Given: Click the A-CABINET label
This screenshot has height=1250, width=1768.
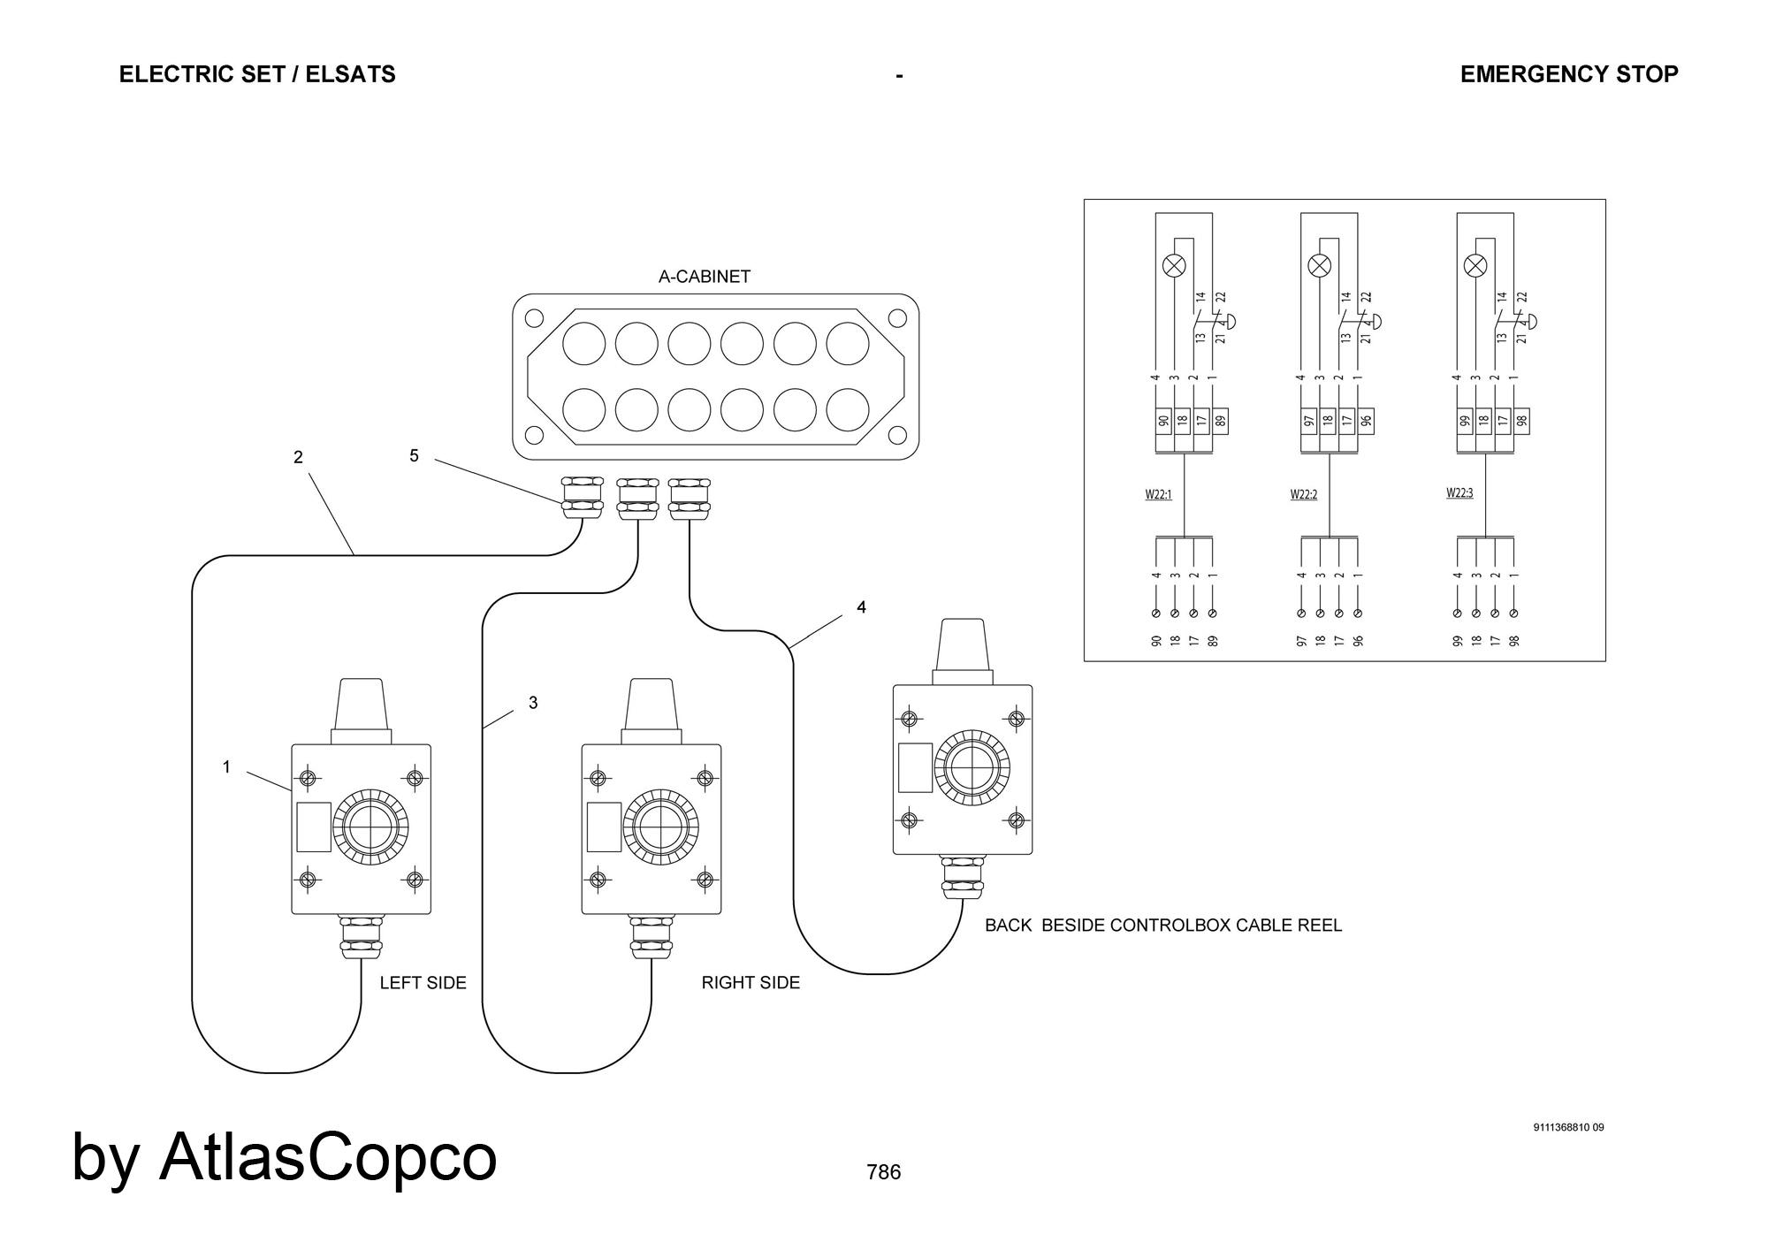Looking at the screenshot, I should [x=704, y=277].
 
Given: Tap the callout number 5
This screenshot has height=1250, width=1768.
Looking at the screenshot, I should [x=414, y=456].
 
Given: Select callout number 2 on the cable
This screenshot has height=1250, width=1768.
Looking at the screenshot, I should [x=298, y=457].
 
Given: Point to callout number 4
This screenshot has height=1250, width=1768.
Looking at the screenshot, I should [x=861, y=607].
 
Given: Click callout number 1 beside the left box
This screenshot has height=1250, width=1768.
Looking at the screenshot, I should [x=226, y=767].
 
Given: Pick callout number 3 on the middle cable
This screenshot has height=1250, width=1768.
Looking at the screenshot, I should [x=533, y=703].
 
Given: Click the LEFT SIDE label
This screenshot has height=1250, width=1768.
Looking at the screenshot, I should [x=423, y=983].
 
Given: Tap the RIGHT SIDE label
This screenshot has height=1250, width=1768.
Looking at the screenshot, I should [x=751, y=983].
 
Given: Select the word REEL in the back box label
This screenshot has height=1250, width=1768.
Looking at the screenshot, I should [x=1319, y=926].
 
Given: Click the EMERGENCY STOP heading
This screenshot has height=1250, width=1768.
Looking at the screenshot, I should [x=1568, y=74].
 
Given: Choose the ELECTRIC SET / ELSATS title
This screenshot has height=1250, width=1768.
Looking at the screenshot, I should [x=257, y=74].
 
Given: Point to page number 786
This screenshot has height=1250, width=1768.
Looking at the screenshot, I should [x=883, y=1172].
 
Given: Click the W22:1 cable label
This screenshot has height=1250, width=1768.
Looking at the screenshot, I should [x=1158, y=495].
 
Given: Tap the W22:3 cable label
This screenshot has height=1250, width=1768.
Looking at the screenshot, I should [x=1459, y=493].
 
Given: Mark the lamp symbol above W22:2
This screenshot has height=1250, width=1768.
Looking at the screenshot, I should [x=1320, y=265].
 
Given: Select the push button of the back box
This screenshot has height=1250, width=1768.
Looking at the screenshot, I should [x=972, y=768].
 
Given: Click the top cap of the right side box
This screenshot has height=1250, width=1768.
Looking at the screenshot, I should [x=652, y=705].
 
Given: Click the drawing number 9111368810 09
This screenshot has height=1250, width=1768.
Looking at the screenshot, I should [x=1568, y=1127].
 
